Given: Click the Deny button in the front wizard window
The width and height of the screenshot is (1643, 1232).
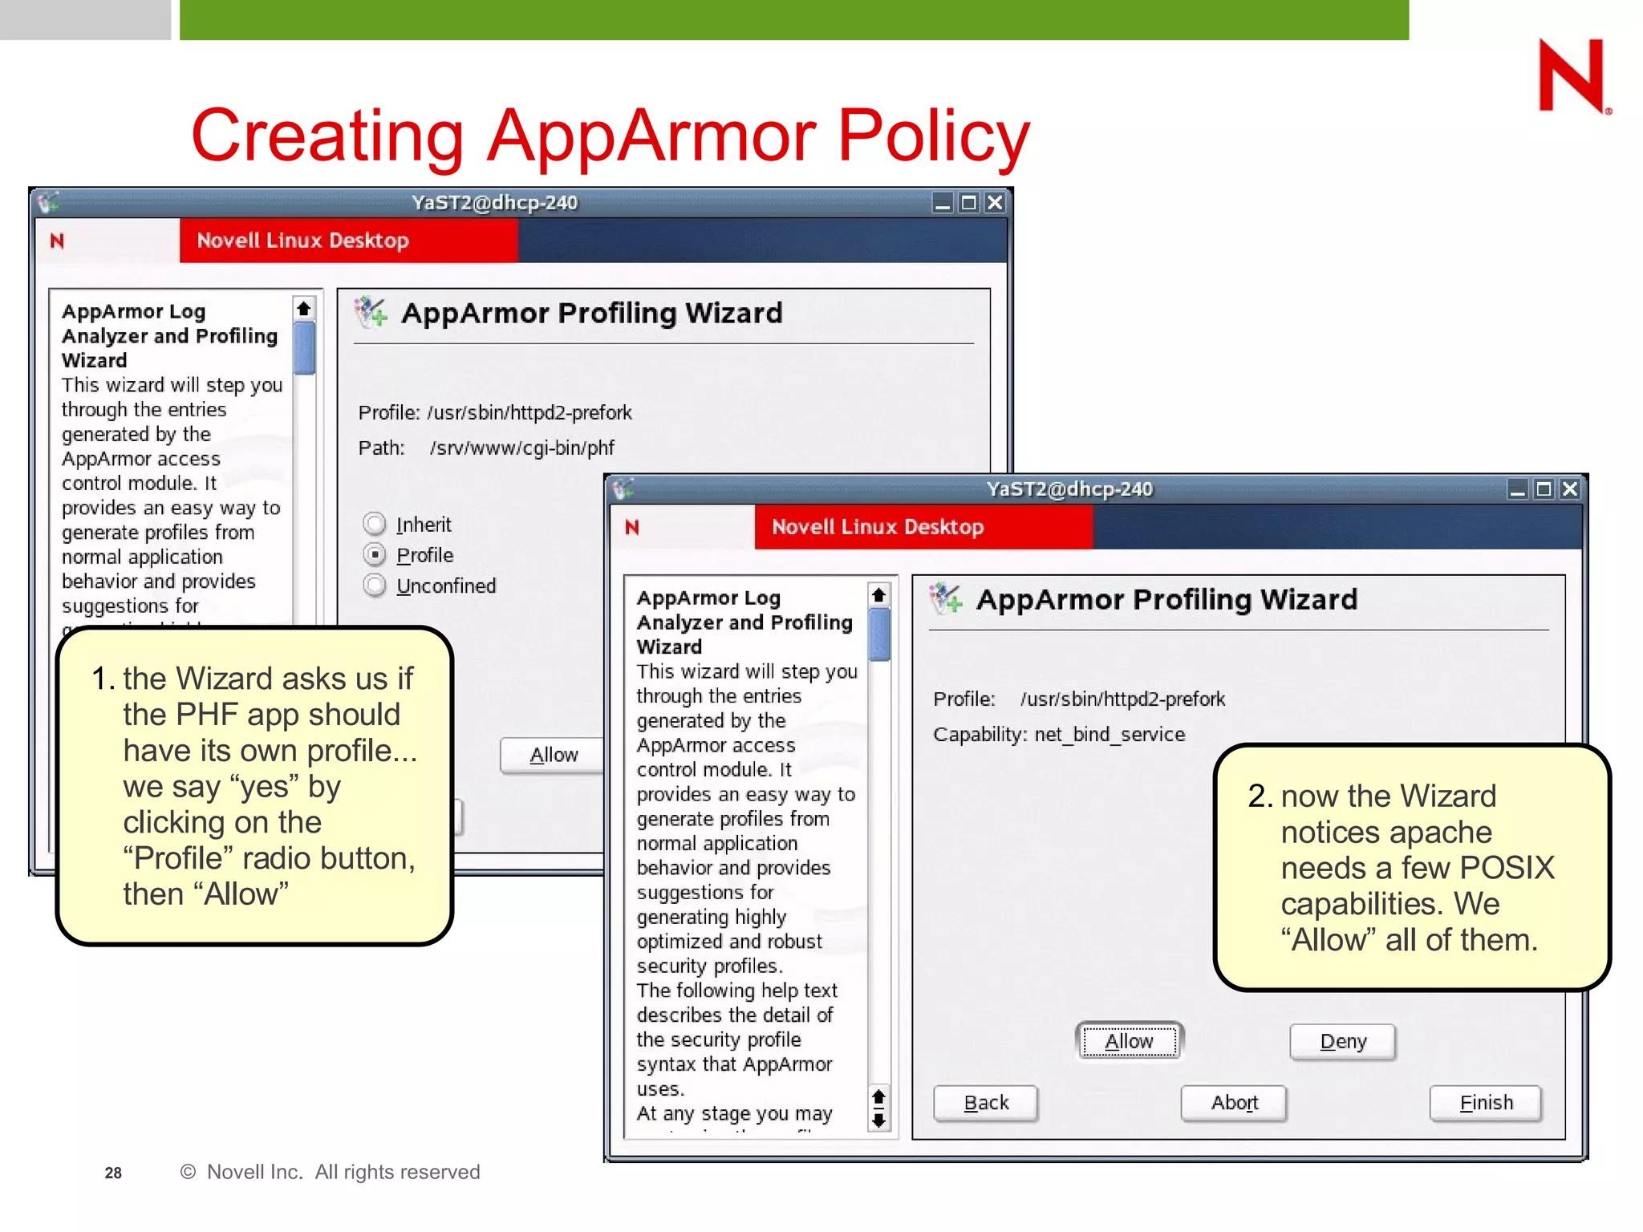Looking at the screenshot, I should click(x=1342, y=1041).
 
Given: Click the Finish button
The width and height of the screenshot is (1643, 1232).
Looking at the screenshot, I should click(x=1485, y=1103).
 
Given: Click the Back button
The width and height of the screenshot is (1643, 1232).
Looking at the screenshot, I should click(x=985, y=1103).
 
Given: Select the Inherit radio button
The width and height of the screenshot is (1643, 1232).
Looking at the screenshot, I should click(x=375, y=525).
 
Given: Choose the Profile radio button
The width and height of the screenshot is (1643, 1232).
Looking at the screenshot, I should click(x=375, y=555).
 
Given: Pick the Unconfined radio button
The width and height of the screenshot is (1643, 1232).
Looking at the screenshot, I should click(x=375, y=586).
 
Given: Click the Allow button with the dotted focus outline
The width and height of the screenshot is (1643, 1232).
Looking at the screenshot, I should click(x=1128, y=1041).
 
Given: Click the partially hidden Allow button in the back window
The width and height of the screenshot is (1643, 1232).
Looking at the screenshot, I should click(x=553, y=755).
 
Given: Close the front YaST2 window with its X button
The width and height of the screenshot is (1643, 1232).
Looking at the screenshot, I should click(x=1570, y=488).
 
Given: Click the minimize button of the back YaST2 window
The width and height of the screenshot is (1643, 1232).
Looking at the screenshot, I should click(x=943, y=203).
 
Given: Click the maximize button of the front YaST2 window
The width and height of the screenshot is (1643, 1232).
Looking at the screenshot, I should click(x=1544, y=488).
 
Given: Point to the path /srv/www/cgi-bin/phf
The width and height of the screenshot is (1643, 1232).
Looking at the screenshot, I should click(x=522, y=448).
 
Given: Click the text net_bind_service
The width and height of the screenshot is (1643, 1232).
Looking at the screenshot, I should click(x=1109, y=734).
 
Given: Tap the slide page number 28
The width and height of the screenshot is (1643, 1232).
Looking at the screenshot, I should click(x=113, y=1173).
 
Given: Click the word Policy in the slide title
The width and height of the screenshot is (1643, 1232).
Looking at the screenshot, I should click(x=933, y=135).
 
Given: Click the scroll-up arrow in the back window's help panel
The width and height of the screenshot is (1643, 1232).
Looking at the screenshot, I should click(x=303, y=309).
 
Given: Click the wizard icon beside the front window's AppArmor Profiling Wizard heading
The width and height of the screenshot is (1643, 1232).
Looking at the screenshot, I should click(x=946, y=598).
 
